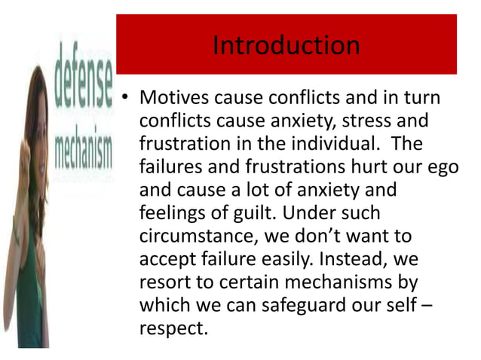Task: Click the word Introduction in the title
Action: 286,46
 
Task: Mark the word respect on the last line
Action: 171,330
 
